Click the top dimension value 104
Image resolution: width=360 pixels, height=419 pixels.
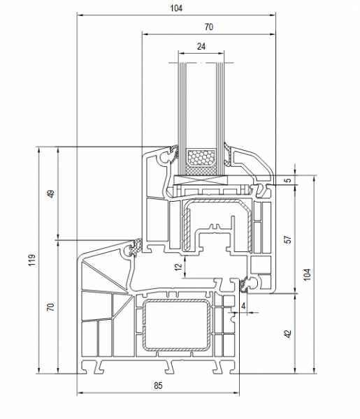pyautogui.click(x=176, y=8)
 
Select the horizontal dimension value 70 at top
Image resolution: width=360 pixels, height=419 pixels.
pyautogui.click(x=209, y=27)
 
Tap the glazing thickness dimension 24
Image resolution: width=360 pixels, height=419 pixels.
pyautogui.click(x=201, y=47)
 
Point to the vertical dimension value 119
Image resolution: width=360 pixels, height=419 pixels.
pyautogui.click(x=32, y=260)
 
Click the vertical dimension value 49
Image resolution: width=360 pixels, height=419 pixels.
pyautogui.click(x=51, y=193)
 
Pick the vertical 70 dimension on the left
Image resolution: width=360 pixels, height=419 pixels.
pyautogui.click(x=51, y=307)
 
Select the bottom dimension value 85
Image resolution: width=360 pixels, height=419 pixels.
pyautogui.click(x=158, y=385)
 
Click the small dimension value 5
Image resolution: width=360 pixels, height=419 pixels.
pyautogui.click(x=288, y=180)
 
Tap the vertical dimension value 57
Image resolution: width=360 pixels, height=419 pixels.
pyautogui.click(x=288, y=240)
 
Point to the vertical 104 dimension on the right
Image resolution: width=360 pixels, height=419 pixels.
pyautogui.click(x=308, y=274)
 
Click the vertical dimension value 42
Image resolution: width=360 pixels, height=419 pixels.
pyautogui.click(x=288, y=334)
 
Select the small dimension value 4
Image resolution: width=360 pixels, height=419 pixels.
pyautogui.click(x=243, y=306)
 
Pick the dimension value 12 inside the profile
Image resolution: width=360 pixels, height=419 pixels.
pyautogui.click(x=179, y=267)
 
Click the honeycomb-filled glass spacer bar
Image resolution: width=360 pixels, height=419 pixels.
pyautogui.click(x=201, y=158)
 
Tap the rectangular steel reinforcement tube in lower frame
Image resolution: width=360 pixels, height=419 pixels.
pyautogui.click(x=176, y=325)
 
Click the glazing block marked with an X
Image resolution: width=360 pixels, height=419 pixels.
pyautogui.click(x=201, y=179)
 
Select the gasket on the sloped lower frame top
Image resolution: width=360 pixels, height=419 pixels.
pyautogui.click(x=136, y=247)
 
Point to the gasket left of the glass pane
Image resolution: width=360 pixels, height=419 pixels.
pyautogui.click(x=173, y=154)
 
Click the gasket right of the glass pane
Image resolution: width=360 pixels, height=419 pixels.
pyautogui.click(x=229, y=154)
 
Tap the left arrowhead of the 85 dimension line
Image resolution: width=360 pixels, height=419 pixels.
pyautogui.click(x=79, y=392)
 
